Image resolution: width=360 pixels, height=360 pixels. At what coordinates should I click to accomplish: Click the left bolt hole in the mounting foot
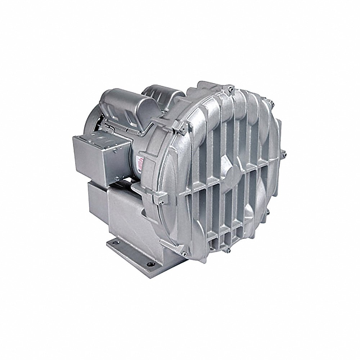coord(115,244)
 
